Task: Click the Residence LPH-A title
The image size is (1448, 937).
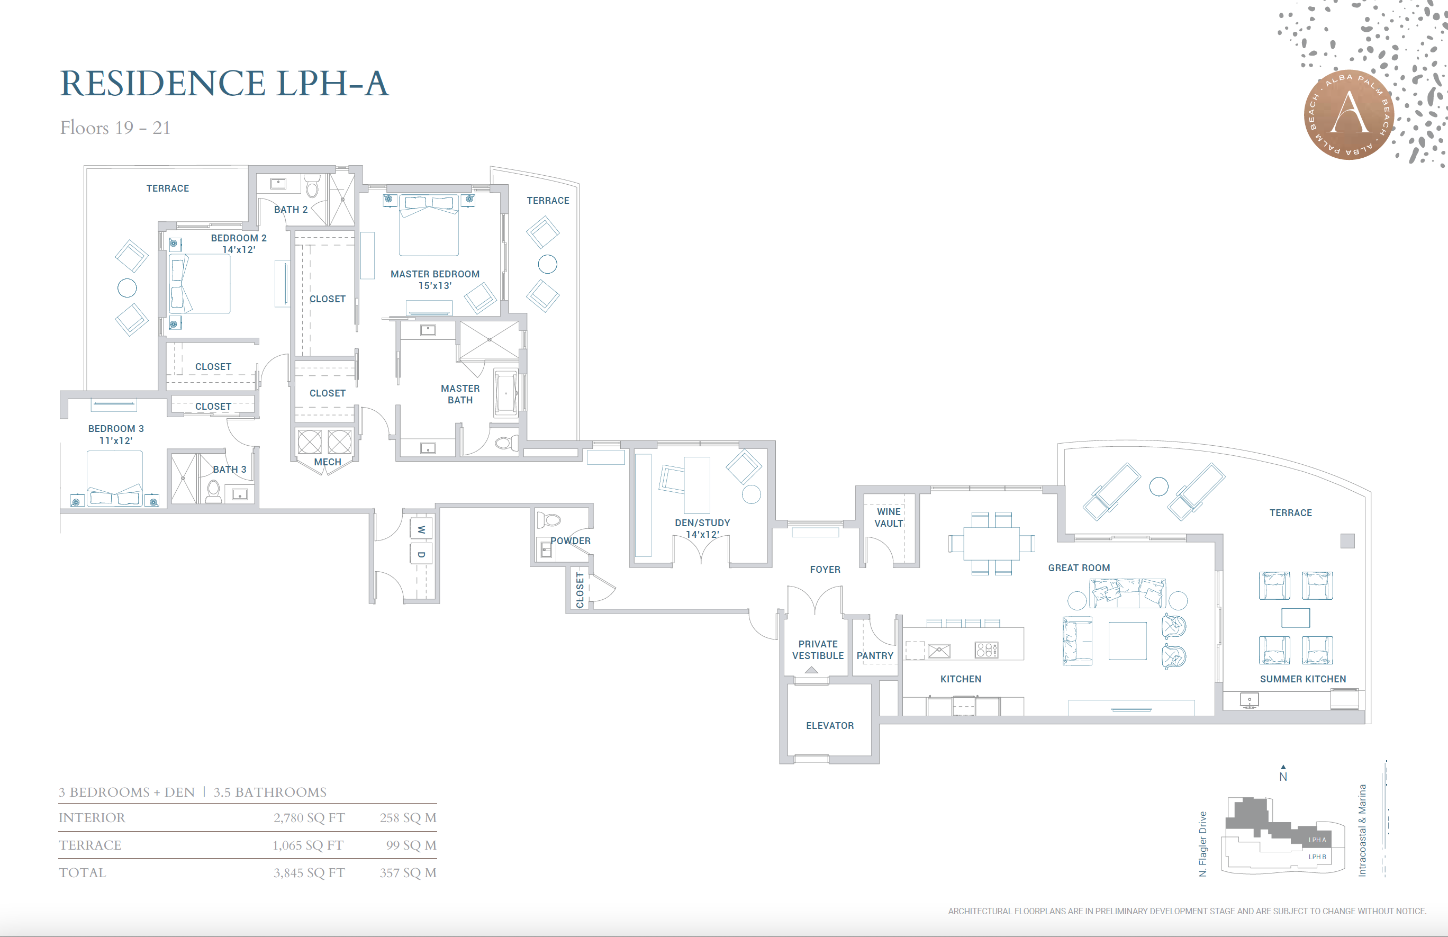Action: click(224, 83)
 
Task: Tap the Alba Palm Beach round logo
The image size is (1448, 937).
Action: click(1350, 115)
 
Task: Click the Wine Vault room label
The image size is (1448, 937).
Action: click(889, 517)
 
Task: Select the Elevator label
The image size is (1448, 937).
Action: click(829, 725)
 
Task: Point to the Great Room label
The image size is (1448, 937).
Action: click(1079, 567)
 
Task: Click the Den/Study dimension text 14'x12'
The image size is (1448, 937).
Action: click(702, 534)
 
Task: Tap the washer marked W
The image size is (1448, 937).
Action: click(421, 529)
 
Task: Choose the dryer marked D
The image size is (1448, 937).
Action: click(421, 554)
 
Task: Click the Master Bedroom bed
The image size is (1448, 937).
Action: click(429, 224)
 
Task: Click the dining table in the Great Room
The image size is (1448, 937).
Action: click(991, 543)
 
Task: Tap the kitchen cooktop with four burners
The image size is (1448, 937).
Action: click(987, 650)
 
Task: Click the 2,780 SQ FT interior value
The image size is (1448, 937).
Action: click(309, 818)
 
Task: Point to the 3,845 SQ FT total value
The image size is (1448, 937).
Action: click(309, 872)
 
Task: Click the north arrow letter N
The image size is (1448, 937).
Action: click(1283, 777)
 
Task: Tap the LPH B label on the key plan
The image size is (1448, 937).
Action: click(1317, 857)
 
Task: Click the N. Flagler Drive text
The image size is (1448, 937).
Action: click(1203, 844)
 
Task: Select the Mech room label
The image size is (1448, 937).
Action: click(327, 462)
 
